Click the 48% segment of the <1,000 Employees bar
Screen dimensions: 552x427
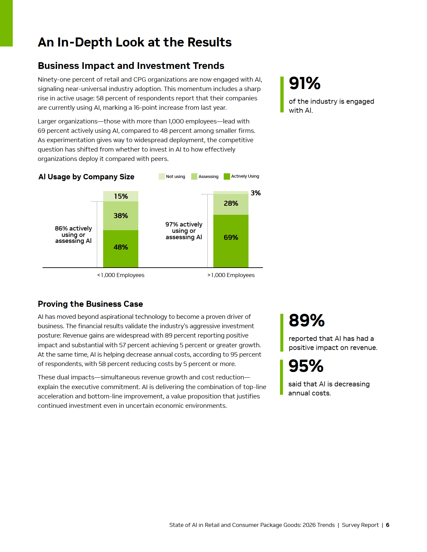coord(121,248)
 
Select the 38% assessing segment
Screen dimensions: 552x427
coord(121,216)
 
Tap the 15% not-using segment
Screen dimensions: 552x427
coord(121,196)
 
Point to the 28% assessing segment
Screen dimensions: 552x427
coord(231,204)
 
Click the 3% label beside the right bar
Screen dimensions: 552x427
coord(256,193)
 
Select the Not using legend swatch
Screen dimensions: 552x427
coord(162,177)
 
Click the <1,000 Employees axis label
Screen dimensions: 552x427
coord(121,275)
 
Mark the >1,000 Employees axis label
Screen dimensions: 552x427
coord(231,275)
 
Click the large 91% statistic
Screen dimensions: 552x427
coord(305,83)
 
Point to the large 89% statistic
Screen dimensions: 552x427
coord(307,320)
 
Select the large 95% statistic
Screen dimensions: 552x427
coord(306,366)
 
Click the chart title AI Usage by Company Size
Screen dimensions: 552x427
coord(86,177)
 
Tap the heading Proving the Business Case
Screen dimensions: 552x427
coord(90,304)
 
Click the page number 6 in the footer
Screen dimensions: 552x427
coord(387,525)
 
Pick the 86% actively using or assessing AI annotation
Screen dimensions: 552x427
coord(73,235)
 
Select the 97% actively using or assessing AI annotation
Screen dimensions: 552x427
coord(184,231)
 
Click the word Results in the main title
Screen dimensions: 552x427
coord(209,42)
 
